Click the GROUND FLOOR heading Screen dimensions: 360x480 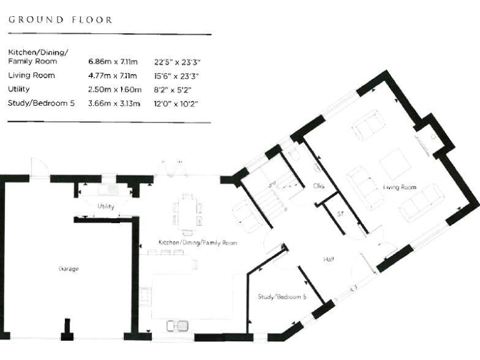[60, 19]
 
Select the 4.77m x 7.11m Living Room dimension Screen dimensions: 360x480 [115, 76]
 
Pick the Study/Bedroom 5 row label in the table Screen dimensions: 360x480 [41, 103]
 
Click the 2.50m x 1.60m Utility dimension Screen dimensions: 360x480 [115, 89]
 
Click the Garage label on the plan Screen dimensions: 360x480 [68, 269]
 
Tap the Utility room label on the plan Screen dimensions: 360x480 [106, 206]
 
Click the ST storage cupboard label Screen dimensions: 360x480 [341, 214]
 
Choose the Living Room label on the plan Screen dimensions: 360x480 [399, 187]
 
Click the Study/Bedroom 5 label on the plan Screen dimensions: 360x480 [282, 297]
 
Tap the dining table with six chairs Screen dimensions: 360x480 [187, 211]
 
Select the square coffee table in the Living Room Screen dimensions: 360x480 [395, 164]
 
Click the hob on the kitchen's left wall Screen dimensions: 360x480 [144, 294]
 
